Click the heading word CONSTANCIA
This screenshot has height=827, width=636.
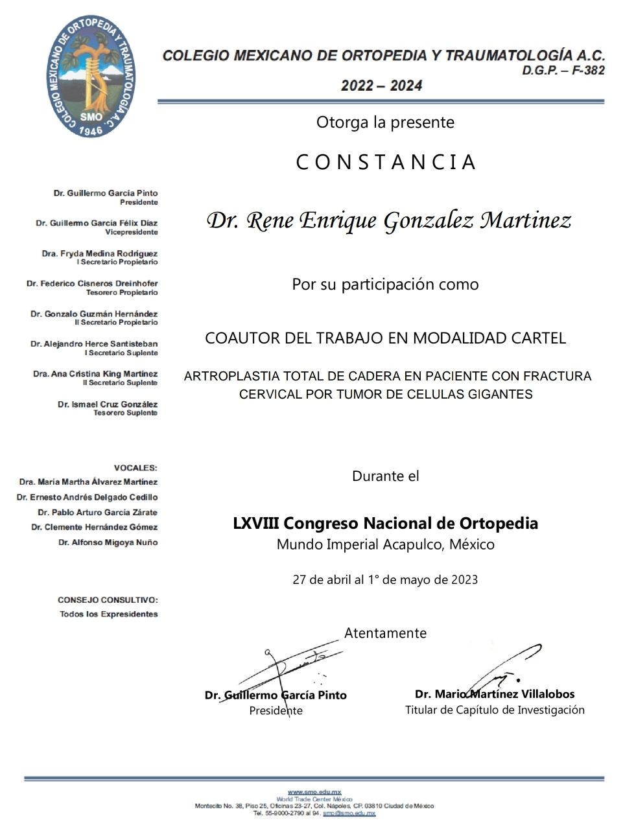pyautogui.click(x=386, y=162)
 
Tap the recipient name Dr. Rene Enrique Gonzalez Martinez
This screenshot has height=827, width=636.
pyautogui.click(x=388, y=221)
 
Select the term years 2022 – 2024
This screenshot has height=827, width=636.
pyautogui.click(x=381, y=86)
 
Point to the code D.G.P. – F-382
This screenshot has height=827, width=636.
pyautogui.click(x=563, y=71)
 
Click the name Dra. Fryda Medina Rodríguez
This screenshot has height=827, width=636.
pyautogui.click(x=99, y=253)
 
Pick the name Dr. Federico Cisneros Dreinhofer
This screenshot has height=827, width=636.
pyautogui.click(x=92, y=283)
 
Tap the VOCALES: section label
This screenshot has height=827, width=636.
pyautogui.click(x=135, y=467)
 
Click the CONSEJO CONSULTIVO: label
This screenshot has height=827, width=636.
pyautogui.click(x=108, y=600)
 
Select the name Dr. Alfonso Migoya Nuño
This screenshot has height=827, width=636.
pyautogui.click(x=108, y=542)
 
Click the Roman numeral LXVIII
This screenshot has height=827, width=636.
pyautogui.click(x=255, y=523)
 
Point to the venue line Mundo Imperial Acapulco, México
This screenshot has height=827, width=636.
pyautogui.click(x=385, y=544)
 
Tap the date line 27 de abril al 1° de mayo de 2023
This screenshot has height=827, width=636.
pyautogui.click(x=385, y=579)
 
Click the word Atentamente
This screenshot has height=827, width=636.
pyautogui.click(x=385, y=633)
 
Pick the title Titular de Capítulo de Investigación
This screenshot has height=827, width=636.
pyautogui.click(x=495, y=710)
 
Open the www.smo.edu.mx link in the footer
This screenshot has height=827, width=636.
pyautogui.click(x=314, y=792)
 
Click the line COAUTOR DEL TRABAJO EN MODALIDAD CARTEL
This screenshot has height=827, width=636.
pyautogui.click(x=385, y=338)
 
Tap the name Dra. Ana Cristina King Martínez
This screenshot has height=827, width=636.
pyautogui.click(x=95, y=374)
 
